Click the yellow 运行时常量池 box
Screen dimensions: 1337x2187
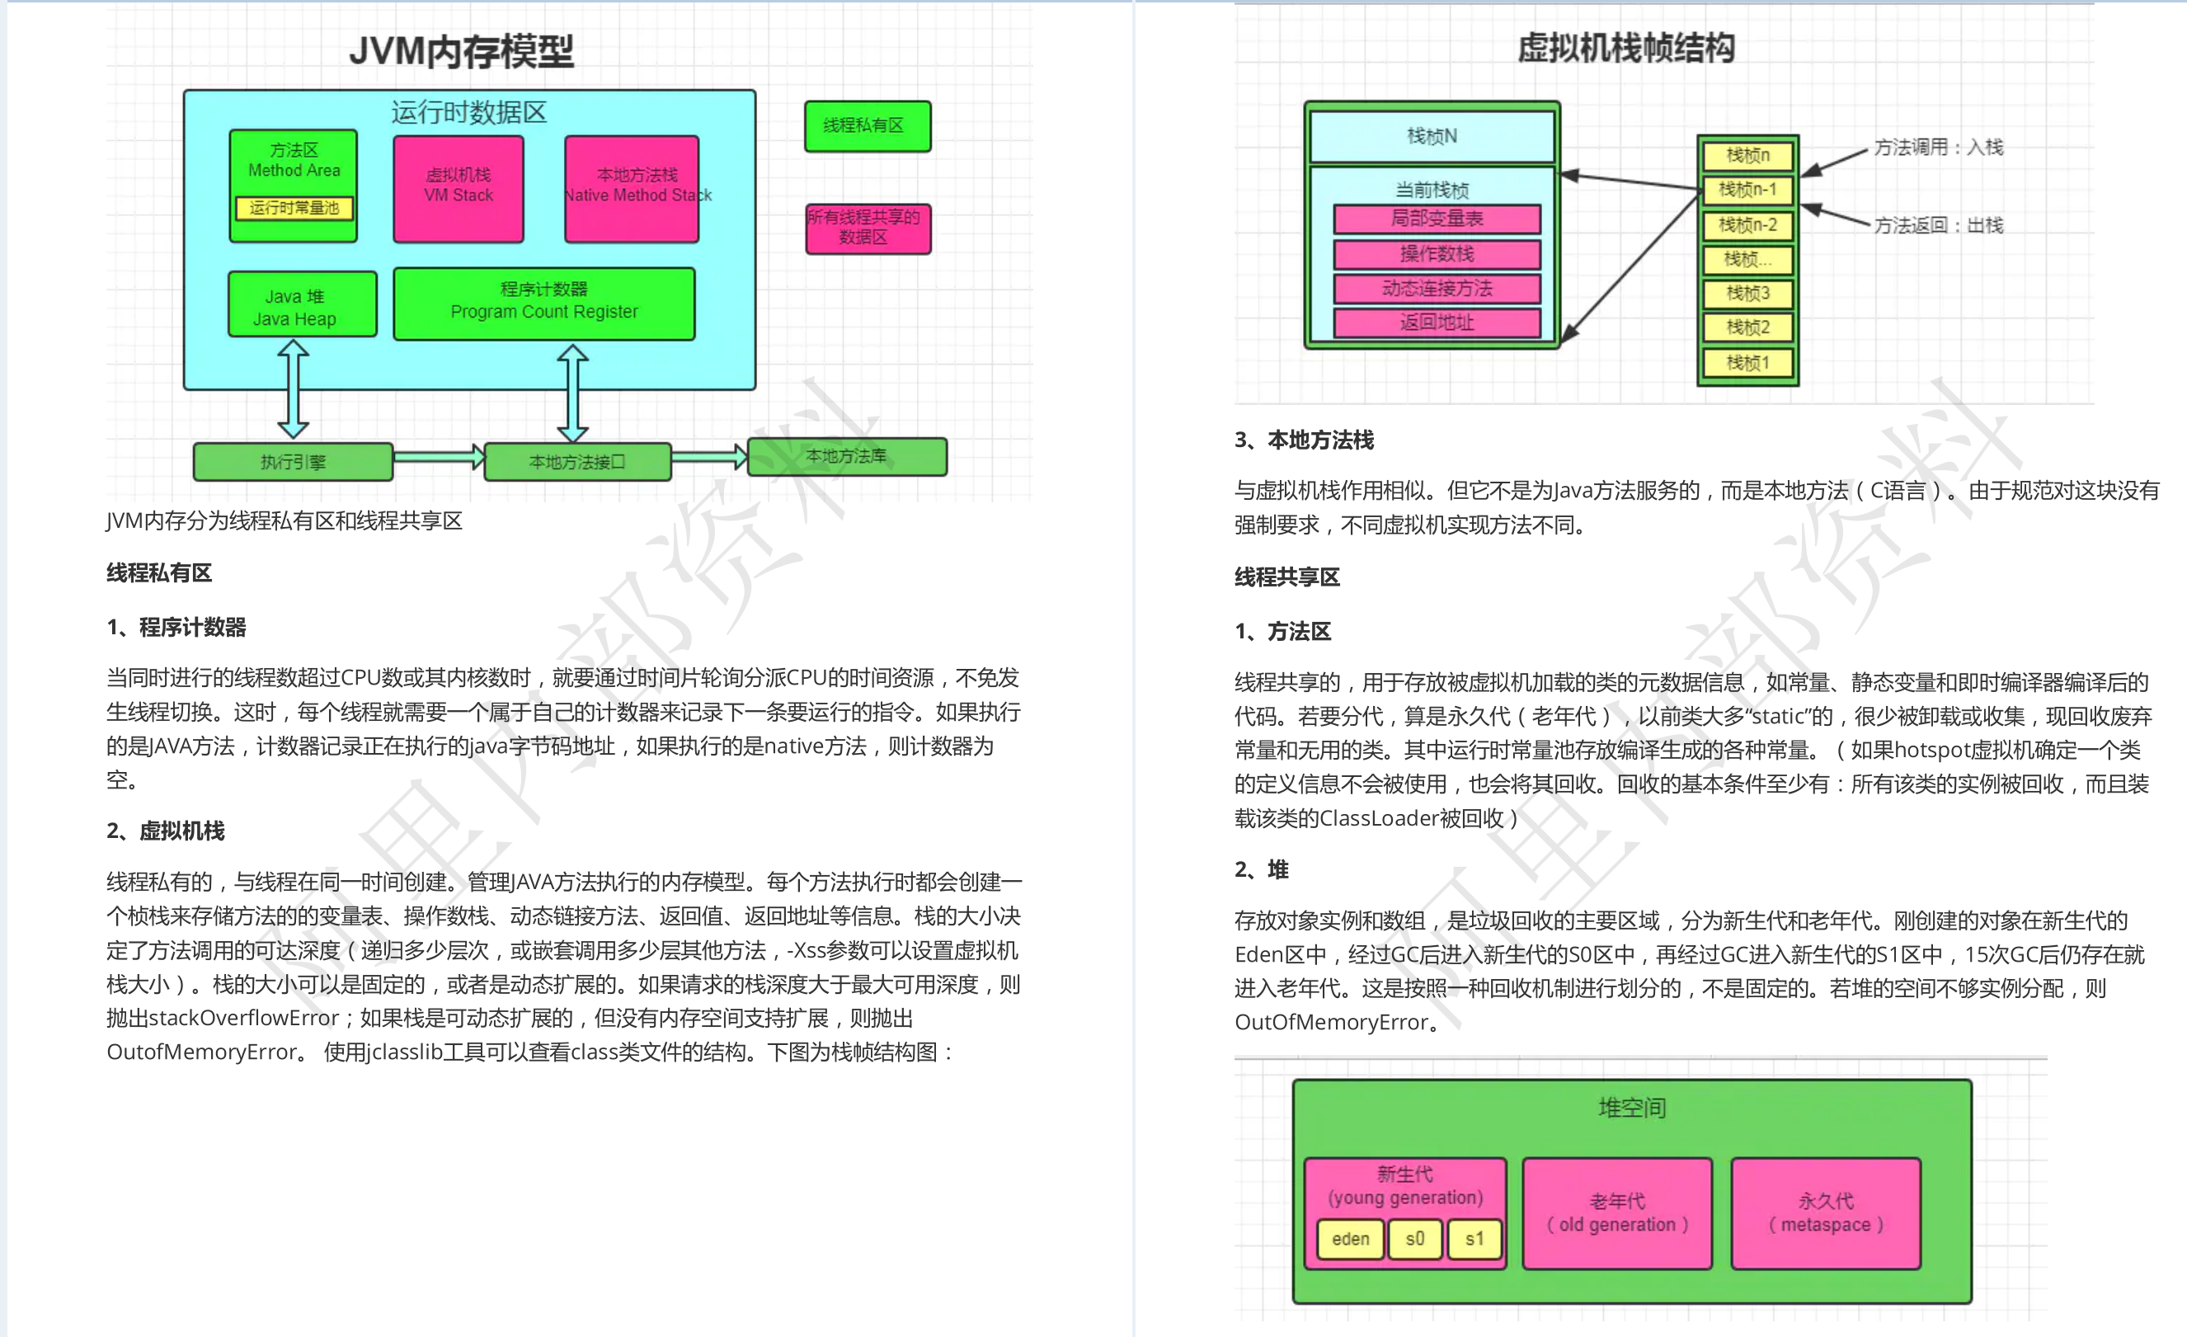(294, 208)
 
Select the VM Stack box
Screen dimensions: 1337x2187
(458, 187)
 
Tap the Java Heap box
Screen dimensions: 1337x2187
(302, 305)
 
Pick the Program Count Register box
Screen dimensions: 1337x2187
(543, 303)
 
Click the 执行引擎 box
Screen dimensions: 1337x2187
(293, 462)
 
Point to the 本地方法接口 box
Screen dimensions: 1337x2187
(577, 462)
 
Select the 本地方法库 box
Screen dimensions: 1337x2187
(847, 456)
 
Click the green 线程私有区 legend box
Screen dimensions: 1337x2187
(868, 126)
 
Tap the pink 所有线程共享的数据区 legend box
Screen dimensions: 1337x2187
(868, 228)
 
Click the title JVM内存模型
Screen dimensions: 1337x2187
(462, 50)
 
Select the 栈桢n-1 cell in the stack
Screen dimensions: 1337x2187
(1747, 190)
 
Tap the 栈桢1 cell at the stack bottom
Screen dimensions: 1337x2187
(1747, 362)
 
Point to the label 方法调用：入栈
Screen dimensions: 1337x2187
(1938, 148)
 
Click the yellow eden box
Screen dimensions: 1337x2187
(1350, 1239)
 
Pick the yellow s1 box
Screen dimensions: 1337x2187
(1474, 1239)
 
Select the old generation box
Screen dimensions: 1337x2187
(1617, 1212)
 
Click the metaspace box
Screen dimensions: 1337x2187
(1826, 1212)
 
